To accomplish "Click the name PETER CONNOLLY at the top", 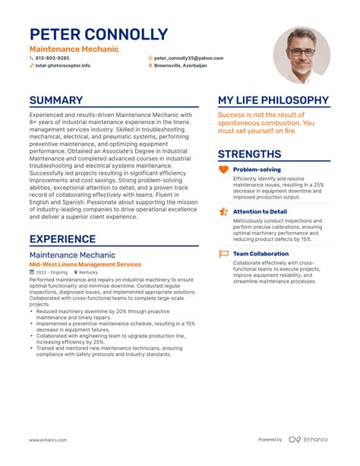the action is (x=99, y=34).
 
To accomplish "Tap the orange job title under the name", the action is (x=74, y=49).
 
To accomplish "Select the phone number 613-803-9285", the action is (x=52, y=58).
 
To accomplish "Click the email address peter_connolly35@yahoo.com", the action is (x=188, y=58).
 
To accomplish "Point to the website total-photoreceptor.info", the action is (x=63, y=65).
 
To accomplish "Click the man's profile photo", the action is (x=302, y=55).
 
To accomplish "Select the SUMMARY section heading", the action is (x=56, y=100).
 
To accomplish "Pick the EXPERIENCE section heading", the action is (x=62, y=239).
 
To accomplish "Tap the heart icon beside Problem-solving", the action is (x=223, y=170).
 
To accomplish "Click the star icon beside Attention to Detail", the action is (x=223, y=211).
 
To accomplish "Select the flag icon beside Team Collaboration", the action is (x=223, y=254).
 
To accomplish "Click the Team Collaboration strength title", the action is (x=261, y=254).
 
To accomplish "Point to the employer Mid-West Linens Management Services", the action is (x=85, y=264).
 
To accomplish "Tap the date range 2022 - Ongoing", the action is (x=52, y=271).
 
